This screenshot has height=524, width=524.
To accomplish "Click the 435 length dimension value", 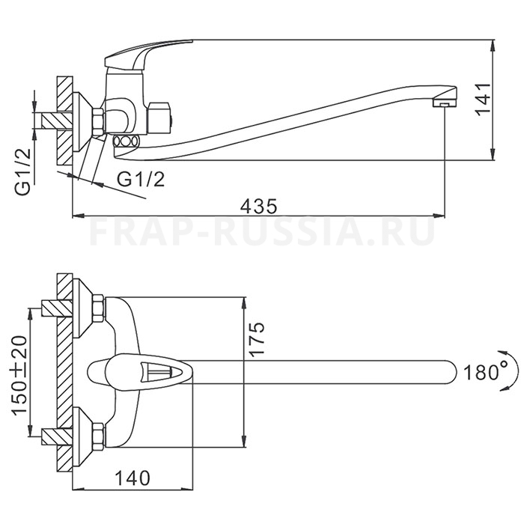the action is (259, 206).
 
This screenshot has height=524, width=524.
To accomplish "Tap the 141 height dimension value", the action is (484, 100).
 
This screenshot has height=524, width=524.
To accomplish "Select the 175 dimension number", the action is (257, 340).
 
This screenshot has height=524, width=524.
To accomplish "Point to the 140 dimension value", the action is (132, 478).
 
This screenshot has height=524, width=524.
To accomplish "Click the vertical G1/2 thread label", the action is (22, 171).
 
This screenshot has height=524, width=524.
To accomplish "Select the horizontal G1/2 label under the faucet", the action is (141, 180).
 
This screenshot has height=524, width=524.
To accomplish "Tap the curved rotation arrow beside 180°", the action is (510, 371).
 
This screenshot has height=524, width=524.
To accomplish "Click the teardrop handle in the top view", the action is (141, 371).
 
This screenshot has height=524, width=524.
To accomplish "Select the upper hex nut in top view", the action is (99, 308).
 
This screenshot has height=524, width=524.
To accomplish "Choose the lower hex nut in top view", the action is (99, 436).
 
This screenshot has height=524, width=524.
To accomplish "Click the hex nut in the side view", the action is (99, 122).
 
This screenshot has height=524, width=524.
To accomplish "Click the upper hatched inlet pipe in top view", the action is (57, 308).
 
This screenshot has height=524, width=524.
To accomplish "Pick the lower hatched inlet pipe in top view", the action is (57, 436).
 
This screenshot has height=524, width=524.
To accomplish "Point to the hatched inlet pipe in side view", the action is (57, 121).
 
